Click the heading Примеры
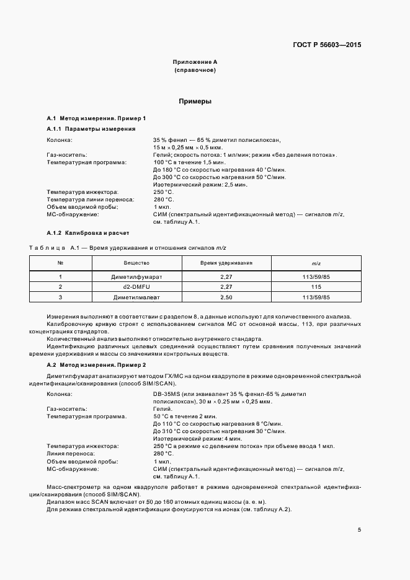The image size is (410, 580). coord(195,100)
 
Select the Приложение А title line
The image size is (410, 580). coord(195,63)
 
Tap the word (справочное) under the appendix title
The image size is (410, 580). coord(195,71)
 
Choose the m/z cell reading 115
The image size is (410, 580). coord(316,287)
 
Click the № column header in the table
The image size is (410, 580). coord(60,263)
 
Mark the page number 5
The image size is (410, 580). coord(359,529)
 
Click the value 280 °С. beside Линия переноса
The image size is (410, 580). coord(163,453)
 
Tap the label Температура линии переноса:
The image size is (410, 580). coord(91,200)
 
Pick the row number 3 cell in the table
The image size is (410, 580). coord(60,297)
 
